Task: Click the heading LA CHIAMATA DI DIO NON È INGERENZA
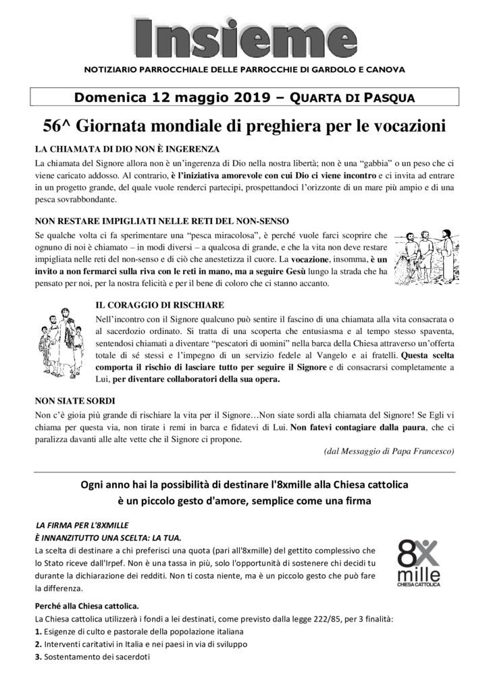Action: [x=126, y=148]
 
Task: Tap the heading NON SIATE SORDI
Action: [x=72, y=399]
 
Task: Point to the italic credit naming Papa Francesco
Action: [x=389, y=451]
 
